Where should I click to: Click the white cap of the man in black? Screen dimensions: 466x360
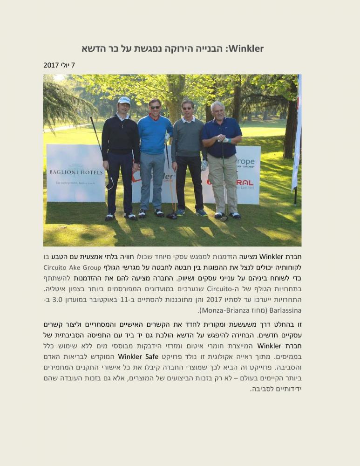[124, 100]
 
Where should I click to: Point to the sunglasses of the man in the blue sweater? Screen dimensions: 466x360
[155, 107]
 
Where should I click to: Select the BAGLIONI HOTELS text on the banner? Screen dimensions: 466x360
[76, 172]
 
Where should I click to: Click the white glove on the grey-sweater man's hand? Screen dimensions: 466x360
[204, 164]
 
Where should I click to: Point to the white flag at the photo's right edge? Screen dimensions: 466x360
[297, 135]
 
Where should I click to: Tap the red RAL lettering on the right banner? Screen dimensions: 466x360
[245, 182]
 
